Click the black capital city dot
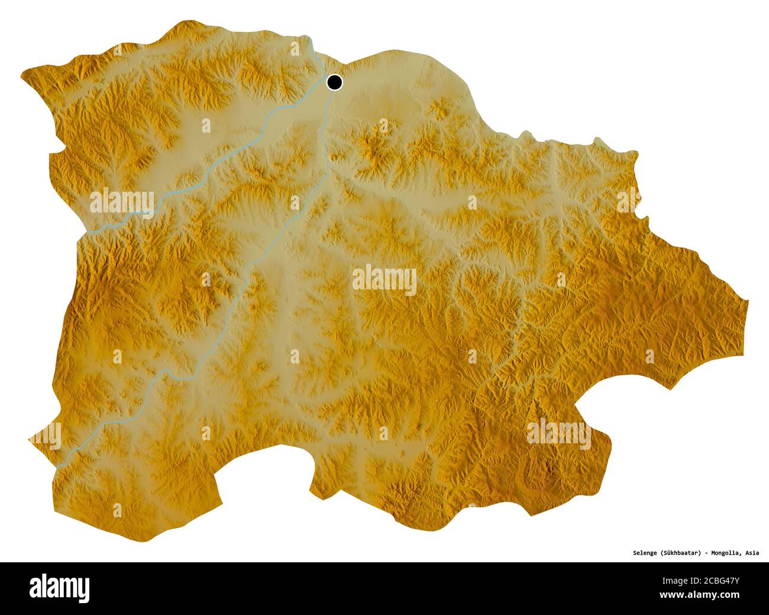pyautogui.click(x=334, y=82)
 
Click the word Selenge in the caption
pyautogui.click(x=640, y=553)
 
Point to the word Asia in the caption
pyautogui.click(x=752, y=553)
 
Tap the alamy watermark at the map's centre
pyautogui.click(x=384, y=279)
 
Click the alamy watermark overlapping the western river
pyautogui.click(x=122, y=202)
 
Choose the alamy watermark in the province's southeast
pyautogui.click(x=558, y=434)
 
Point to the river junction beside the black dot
pyautogui.click(x=327, y=89)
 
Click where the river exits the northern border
pyautogui.click(x=311, y=39)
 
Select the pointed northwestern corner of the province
pyautogui.click(x=22, y=73)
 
